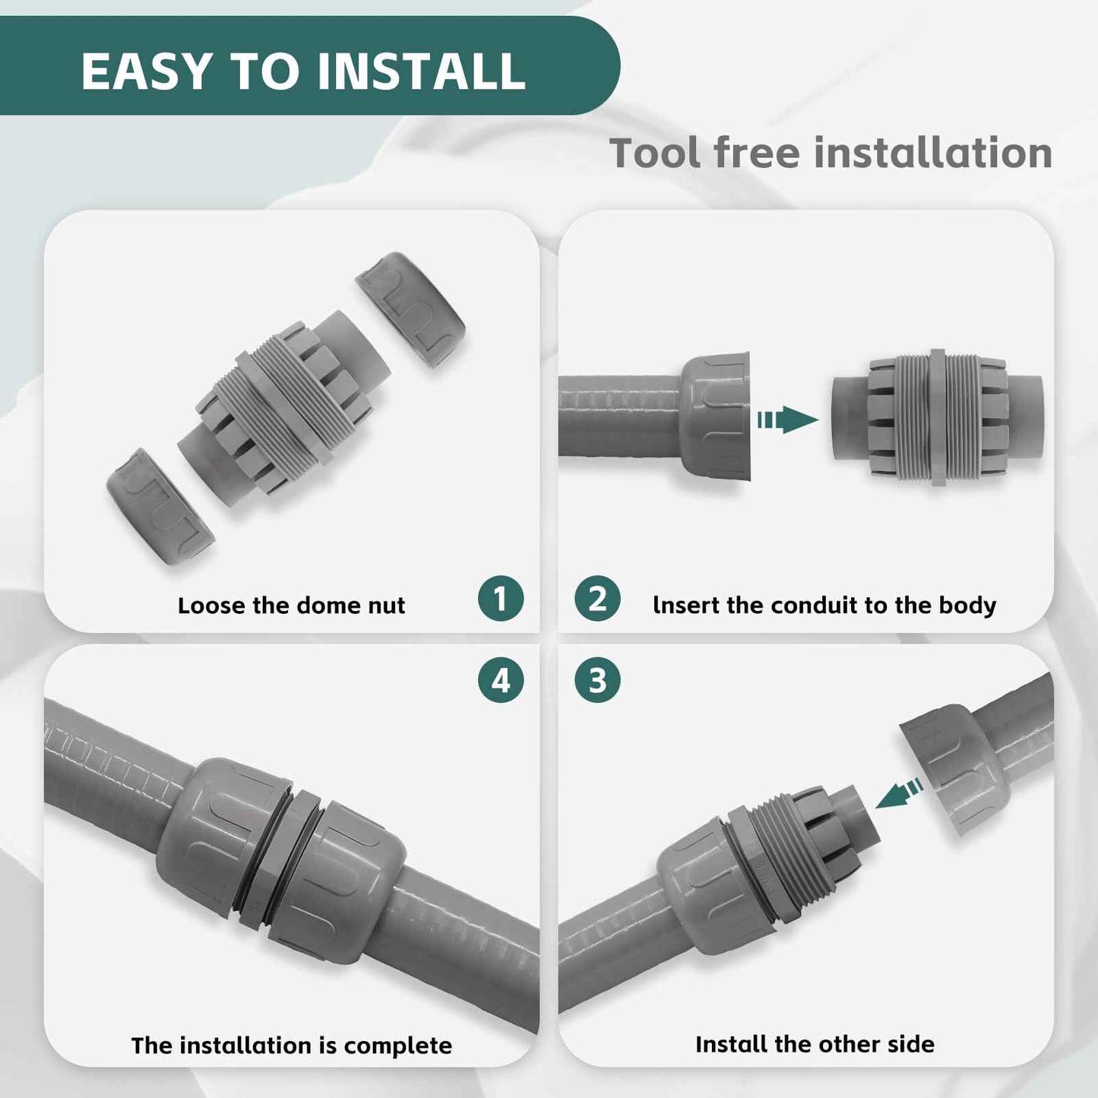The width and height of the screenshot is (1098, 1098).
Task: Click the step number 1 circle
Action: pyautogui.click(x=501, y=599)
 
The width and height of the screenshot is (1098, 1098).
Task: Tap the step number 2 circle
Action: pyautogui.click(x=597, y=599)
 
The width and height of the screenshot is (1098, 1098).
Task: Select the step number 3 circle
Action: pyautogui.click(x=597, y=680)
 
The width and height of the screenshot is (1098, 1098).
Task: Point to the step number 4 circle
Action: pyautogui.click(x=501, y=680)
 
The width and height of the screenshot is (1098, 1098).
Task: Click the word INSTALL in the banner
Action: pyautogui.click(x=421, y=71)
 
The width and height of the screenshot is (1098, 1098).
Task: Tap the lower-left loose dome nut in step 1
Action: pyautogui.click(x=160, y=506)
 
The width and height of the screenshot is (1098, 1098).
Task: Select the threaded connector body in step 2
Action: pyautogui.click(x=938, y=418)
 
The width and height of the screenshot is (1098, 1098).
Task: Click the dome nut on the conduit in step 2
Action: pyautogui.click(x=715, y=415)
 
